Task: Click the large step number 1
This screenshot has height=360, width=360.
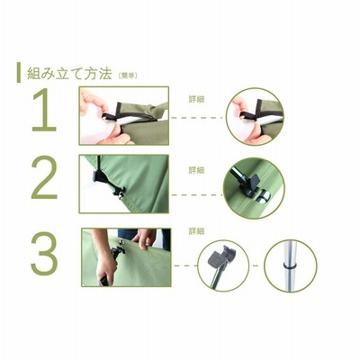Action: click(45, 110)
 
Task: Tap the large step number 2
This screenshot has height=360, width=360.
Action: click(44, 177)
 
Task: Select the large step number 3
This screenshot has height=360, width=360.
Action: click(44, 254)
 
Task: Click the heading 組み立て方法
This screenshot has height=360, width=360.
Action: click(69, 73)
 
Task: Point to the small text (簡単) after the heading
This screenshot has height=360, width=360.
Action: click(128, 76)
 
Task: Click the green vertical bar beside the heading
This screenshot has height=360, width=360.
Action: click(19, 73)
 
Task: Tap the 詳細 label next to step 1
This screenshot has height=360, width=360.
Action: click(196, 99)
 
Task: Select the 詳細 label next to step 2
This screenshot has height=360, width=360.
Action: click(196, 170)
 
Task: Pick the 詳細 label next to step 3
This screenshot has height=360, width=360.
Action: click(196, 231)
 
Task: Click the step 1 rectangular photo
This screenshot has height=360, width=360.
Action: click(124, 116)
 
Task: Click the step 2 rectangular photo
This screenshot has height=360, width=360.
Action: click(124, 184)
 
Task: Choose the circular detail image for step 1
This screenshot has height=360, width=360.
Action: click(255, 117)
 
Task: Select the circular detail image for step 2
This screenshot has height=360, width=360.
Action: click(254, 188)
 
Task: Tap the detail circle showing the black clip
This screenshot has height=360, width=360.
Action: click(223, 265)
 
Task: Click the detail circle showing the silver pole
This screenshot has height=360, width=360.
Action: click(291, 265)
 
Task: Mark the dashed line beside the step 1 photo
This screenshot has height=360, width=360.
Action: click(197, 118)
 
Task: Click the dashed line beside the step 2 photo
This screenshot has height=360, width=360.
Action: click(196, 195)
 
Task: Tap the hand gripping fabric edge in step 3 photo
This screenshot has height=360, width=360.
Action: click(145, 238)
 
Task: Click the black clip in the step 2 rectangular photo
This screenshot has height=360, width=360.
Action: click(99, 177)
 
